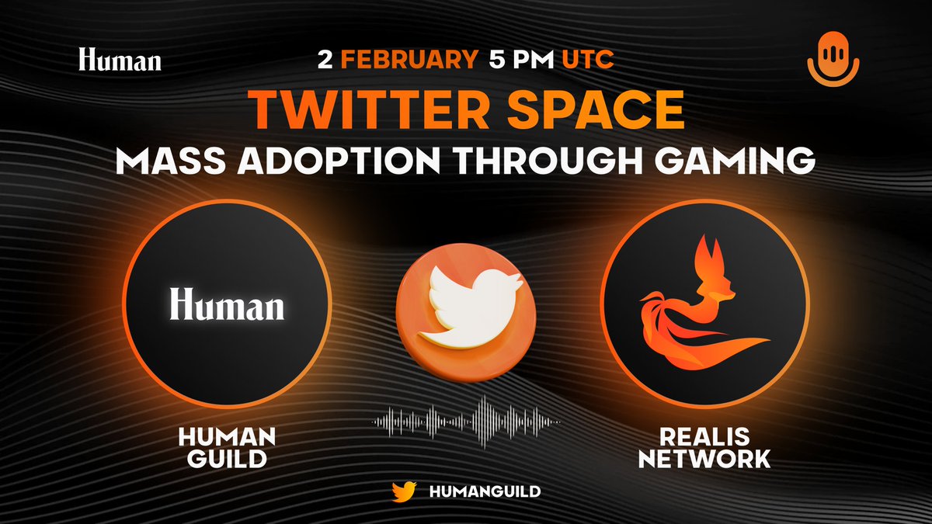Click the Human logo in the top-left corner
(120, 60)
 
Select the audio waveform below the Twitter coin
(466, 422)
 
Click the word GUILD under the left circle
(224, 459)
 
